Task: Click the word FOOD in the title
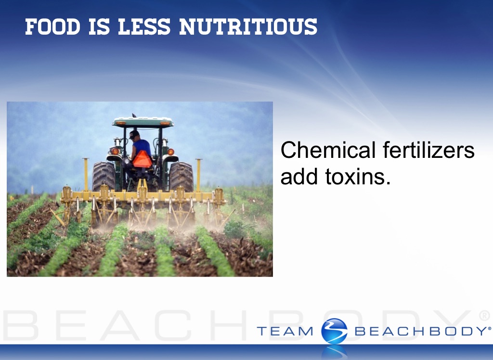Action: (x=52, y=27)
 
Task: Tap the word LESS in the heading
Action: (x=144, y=27)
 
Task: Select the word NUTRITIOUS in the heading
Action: (x=248, y=27)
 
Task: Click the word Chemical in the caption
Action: (x=328, y=150)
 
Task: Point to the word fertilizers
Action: (x=429, y=150)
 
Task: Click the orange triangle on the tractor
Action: (x=142, y=160)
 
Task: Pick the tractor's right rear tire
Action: (x=182, y=177)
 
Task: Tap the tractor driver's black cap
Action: (x=134, y=134)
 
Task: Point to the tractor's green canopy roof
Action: (x=143, y=122)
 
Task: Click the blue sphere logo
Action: (x=334, y=331)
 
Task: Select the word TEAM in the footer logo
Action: (x=285, y=332)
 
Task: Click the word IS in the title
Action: (x=99, y=27)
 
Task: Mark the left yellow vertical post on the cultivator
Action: (x=86, y=175)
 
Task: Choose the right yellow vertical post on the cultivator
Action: (x=198, y=175)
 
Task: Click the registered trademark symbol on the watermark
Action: (x=484, y=315)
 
